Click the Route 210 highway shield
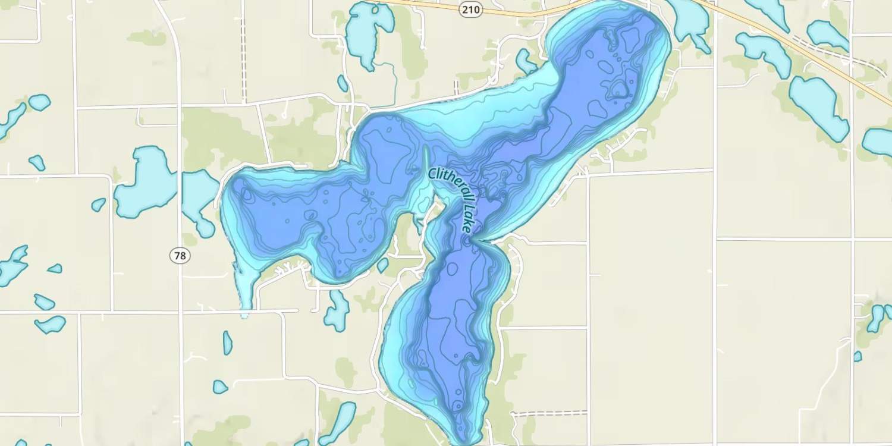click(471, 10)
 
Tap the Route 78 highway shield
click(180, 256)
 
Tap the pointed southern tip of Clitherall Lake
click(465, 440)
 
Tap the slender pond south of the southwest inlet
click(227, 343)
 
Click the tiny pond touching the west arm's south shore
click(382, 265)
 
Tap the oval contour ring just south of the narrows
click(453, 269)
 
